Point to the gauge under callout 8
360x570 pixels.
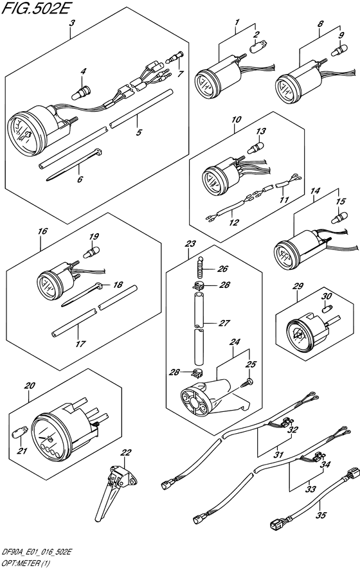tap(292, 85)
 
